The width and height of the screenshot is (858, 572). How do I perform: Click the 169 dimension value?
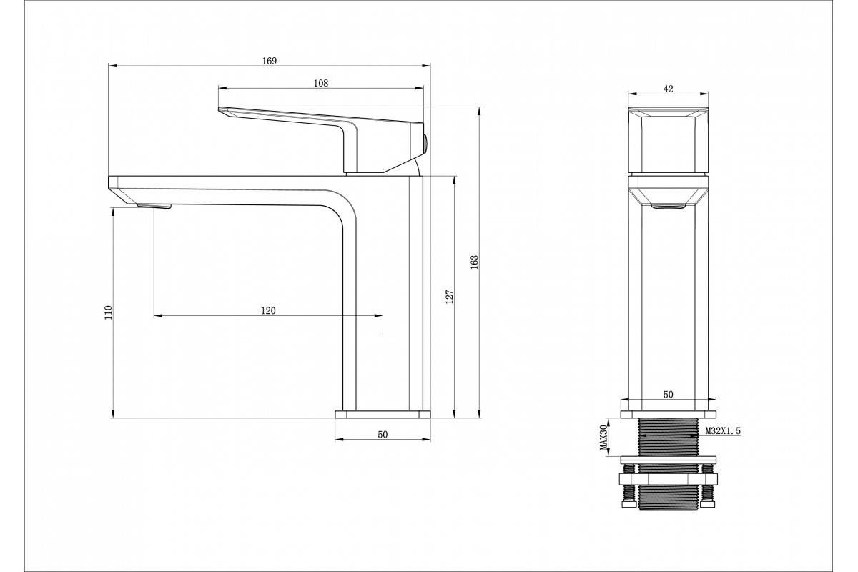[270, 61]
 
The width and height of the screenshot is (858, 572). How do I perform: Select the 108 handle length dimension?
[321, 83]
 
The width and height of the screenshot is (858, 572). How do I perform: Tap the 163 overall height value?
[475, 262]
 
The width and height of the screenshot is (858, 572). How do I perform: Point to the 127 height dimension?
[450, 297]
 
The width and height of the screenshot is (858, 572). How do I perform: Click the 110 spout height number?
[109, 312]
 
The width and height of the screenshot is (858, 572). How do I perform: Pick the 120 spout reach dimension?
[268, 311]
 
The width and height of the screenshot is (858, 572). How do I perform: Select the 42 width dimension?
[668, 89]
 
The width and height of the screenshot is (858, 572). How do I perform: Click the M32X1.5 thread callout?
[723, 431]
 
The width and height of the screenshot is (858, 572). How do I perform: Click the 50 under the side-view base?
[383, 435]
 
